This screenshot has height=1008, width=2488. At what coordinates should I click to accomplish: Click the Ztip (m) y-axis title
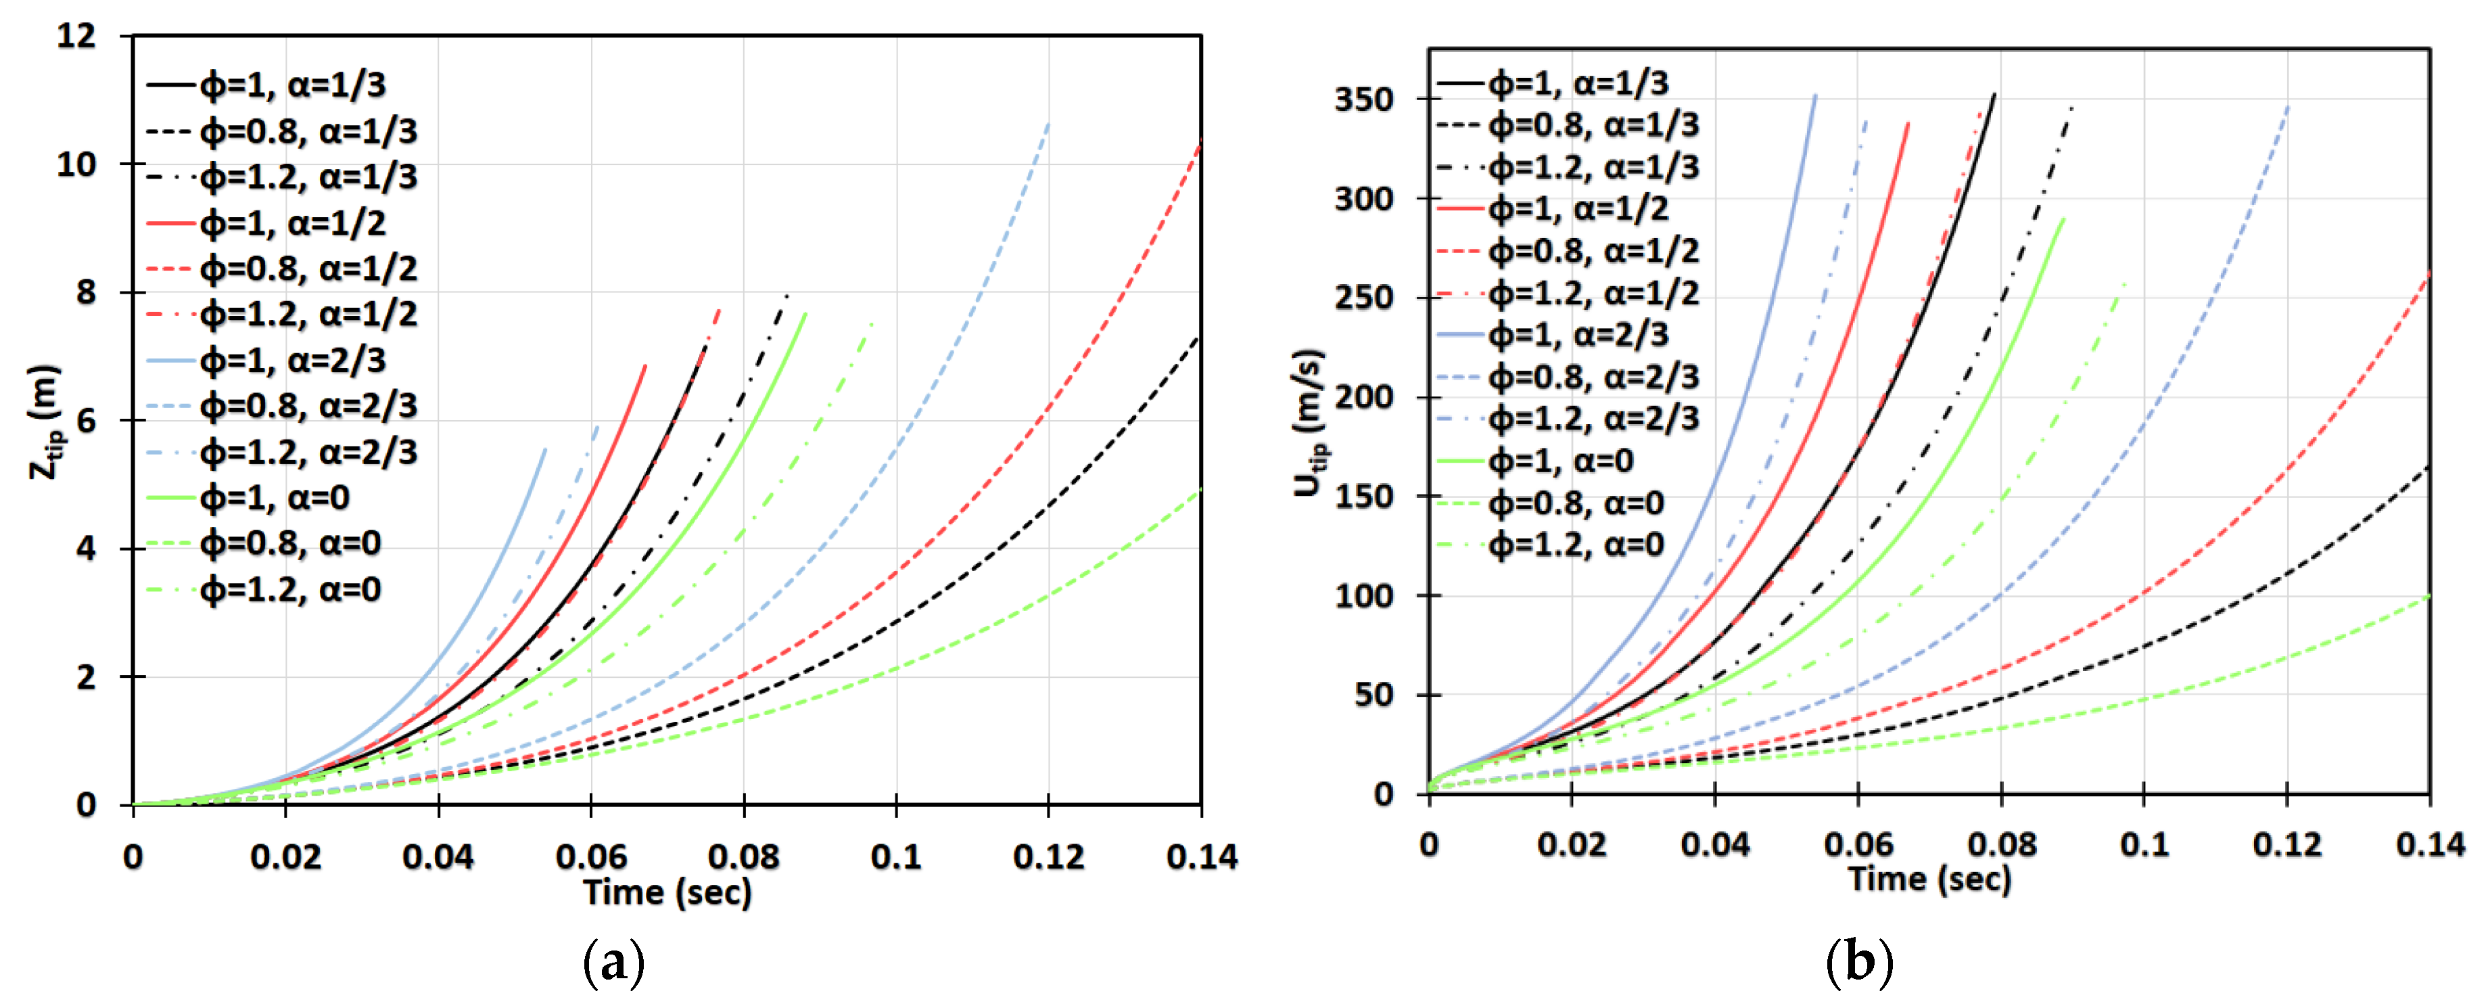point(45,421)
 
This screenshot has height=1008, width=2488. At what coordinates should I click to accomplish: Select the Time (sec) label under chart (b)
point(1929,879)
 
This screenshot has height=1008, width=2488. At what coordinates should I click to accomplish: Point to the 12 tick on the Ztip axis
point(76,37)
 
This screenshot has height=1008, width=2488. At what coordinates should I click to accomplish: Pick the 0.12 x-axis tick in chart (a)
point(1048,856)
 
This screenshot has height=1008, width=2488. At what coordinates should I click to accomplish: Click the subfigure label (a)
point(613,963)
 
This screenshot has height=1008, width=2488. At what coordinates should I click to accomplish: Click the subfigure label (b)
point(1859,963)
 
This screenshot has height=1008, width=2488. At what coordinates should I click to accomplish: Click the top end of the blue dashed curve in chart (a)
point(1048,124)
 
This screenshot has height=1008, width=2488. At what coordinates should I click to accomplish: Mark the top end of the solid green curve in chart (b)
point(2063,219)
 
